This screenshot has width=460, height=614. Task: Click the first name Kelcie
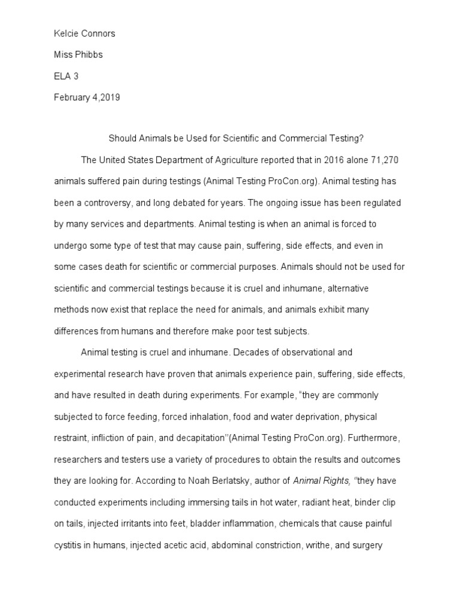click(66, 34)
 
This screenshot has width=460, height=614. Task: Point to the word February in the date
click(73, 98)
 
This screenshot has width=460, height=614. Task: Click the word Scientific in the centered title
click(237, 139)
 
